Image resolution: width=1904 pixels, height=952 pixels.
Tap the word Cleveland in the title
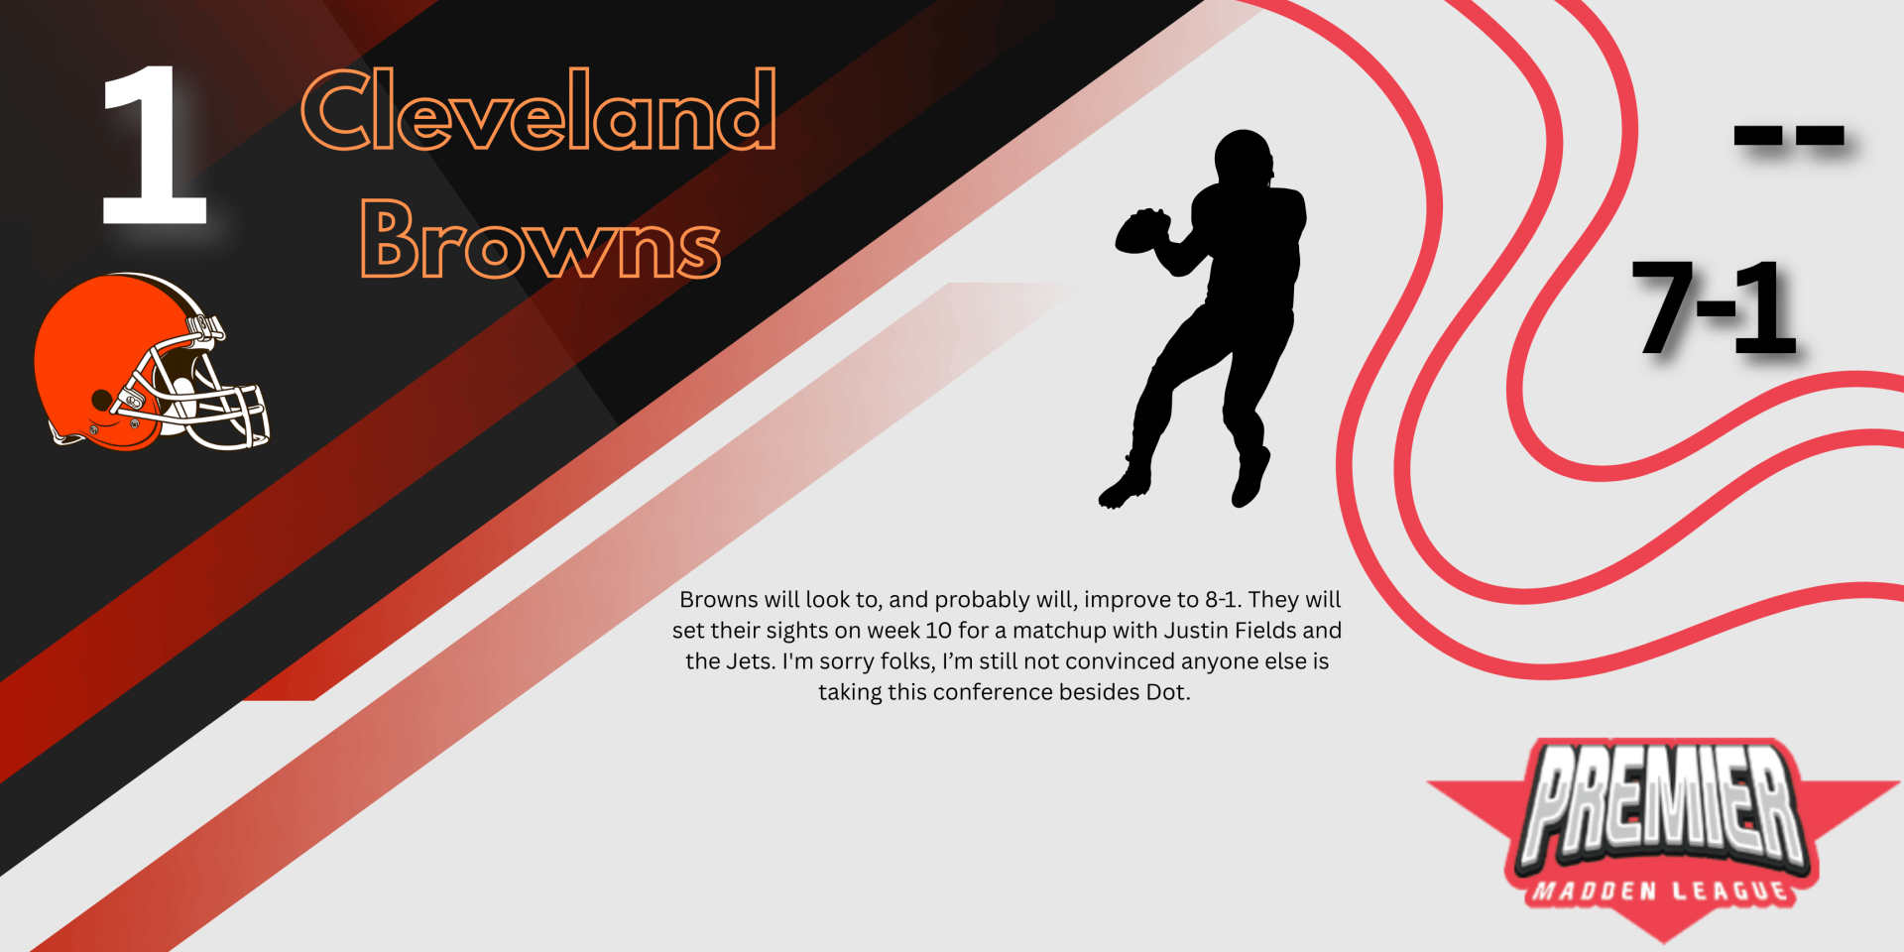[x=538, y=110]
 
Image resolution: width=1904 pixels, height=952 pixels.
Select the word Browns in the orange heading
[x=540, y=238]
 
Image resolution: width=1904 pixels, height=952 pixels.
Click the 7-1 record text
[x=1715, y=306]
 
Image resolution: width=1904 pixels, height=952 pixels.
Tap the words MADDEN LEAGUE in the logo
[x=1661, y=891]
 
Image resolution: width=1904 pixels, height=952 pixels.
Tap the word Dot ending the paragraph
[x=1167, y=692]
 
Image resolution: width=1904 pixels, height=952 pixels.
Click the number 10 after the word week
[x=938, y=631]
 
